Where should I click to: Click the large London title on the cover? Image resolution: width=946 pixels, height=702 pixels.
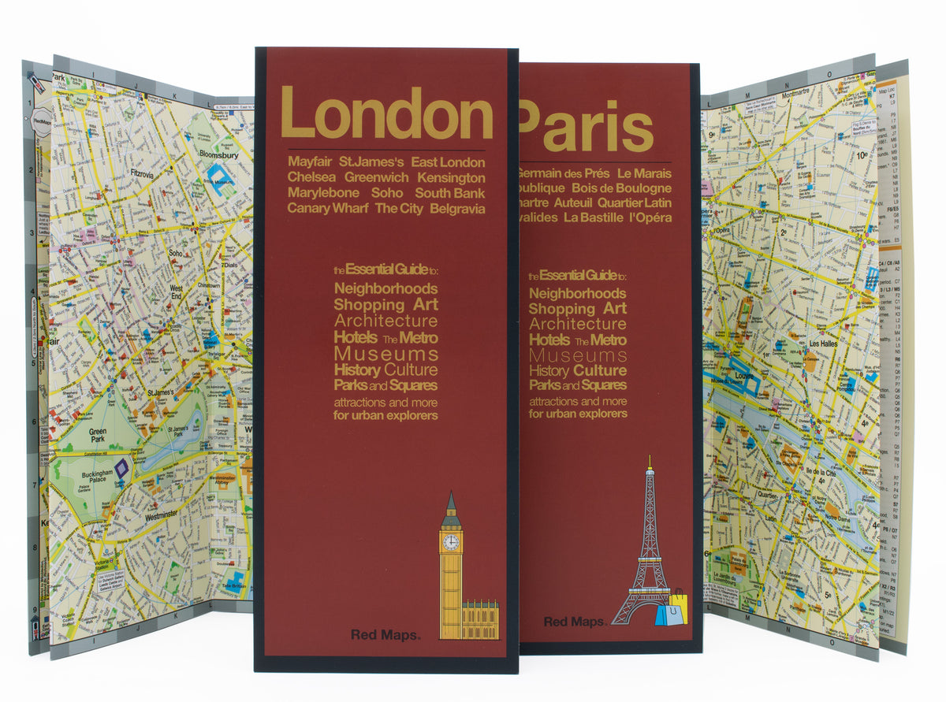click(386, 114)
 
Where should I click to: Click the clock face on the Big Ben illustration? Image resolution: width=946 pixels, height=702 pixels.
click(451, 542)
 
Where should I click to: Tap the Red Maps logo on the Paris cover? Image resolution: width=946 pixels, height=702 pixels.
click(575, 622)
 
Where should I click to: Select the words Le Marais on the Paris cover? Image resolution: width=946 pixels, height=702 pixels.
click(644, 173)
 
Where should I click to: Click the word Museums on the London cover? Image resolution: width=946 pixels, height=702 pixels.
click(385, 354)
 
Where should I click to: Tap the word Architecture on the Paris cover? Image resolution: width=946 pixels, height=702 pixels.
click(578, 324)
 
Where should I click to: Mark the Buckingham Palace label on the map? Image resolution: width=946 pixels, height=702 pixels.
click(99, 479)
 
